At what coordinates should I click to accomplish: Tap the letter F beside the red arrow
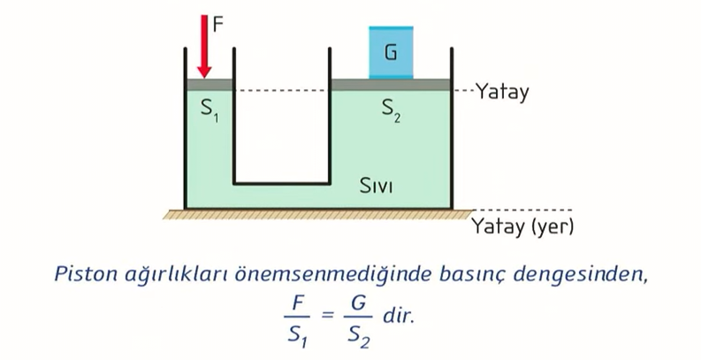(x=218, y=24)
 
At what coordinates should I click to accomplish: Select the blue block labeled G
(x=390, y=52)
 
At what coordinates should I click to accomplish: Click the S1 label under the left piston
(x=210, y=110)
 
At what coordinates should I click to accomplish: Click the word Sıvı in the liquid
(x=376, y=187)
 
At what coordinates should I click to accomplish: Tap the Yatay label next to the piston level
(x=501, y=91)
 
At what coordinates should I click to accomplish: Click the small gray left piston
(x=210, y=85)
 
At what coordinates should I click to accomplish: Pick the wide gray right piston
(x=390, y=85)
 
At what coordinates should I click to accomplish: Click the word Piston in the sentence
(x=86, y=274)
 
